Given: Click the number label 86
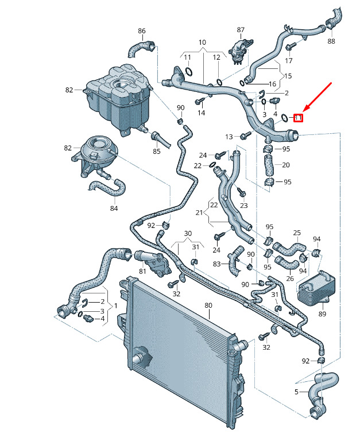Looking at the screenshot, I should tap(142, 31).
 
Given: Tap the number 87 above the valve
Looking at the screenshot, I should tap(241, 29).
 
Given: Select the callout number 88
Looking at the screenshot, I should tap(331, 41).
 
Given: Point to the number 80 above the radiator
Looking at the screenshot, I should tap(208, 305).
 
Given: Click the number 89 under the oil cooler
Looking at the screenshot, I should tap(322, 314).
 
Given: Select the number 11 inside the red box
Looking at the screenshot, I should tap(298, 118).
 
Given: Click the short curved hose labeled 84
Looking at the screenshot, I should tap(107, 186).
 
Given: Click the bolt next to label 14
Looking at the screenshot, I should tap(200, 102).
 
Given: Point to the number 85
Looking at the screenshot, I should tap(157, 152).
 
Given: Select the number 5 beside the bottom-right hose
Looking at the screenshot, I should tap(297, 392).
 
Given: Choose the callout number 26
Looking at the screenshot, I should tap(290, 279).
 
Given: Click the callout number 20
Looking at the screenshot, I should tap(286, 165).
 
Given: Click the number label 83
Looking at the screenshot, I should tap(216, 264).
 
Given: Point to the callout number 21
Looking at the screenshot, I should tap(200, 213).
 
